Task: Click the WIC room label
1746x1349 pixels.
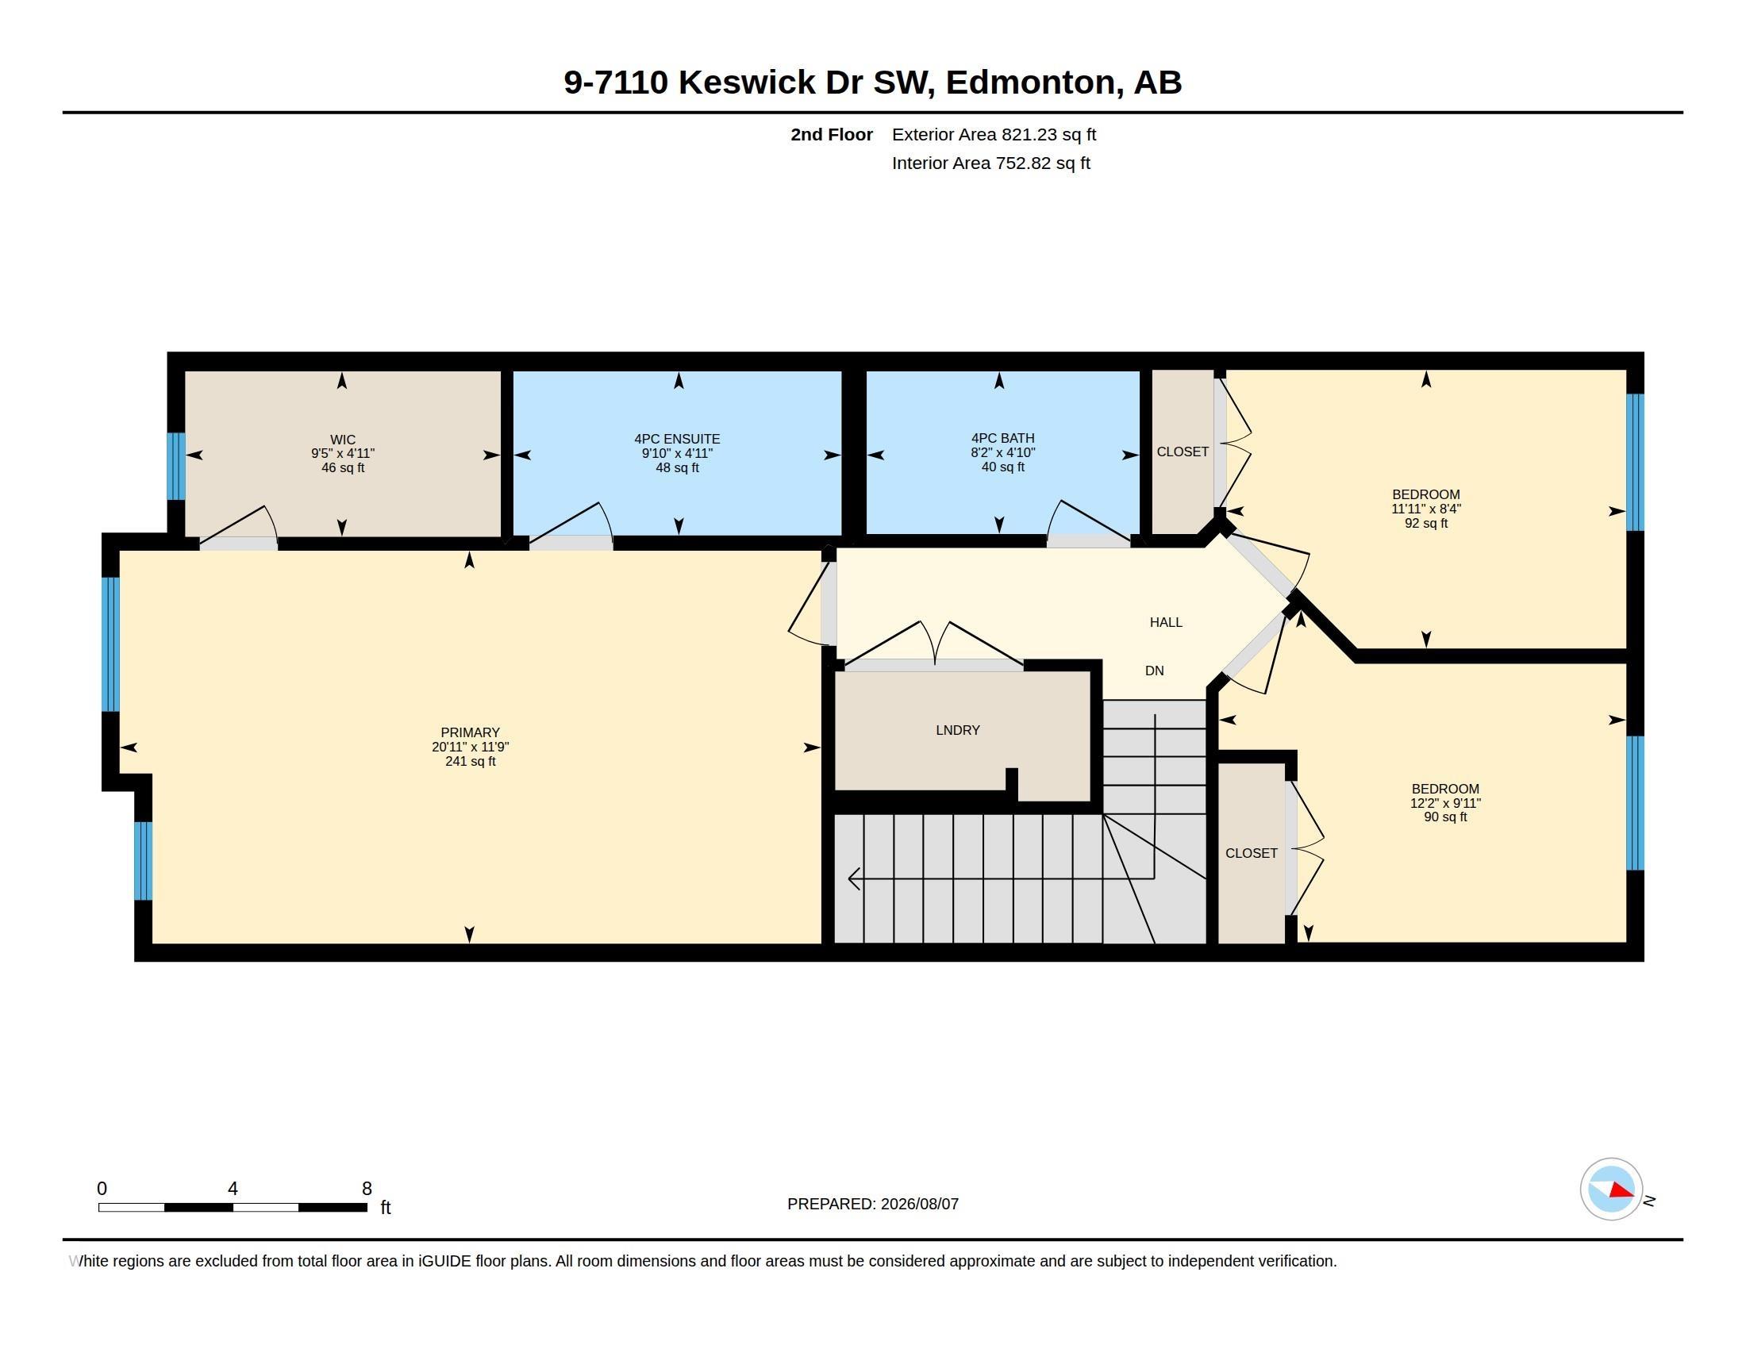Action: pos(342,440)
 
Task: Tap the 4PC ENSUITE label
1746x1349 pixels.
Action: pos(677,439)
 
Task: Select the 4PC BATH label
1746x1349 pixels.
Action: pos(1002,438)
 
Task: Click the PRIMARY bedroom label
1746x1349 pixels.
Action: pos(470,732)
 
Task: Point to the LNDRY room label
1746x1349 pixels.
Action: pos(958,729)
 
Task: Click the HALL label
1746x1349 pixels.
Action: pos(1166,622)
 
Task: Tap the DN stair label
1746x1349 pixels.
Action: pos(1155,671)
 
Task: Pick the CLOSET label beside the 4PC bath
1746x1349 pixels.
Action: pos(1183,452)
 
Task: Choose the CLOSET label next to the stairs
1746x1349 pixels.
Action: pos(1251,853)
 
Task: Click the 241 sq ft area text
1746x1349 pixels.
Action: pos(470,761)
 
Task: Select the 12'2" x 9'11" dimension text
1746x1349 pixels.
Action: pos(1445,803)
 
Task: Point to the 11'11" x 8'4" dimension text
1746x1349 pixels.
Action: pos(1426,509)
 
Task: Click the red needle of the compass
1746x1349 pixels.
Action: pos(1622,1191)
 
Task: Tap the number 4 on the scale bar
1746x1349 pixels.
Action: pos(233,1189)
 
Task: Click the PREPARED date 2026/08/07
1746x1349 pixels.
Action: pos(919,1204)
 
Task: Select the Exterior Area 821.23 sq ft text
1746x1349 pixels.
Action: pos(994,134)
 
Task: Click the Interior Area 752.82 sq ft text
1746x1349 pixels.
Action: pos(990,163)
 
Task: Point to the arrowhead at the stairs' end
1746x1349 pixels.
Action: pos(854,878)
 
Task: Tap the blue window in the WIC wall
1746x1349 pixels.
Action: pos(176,466)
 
